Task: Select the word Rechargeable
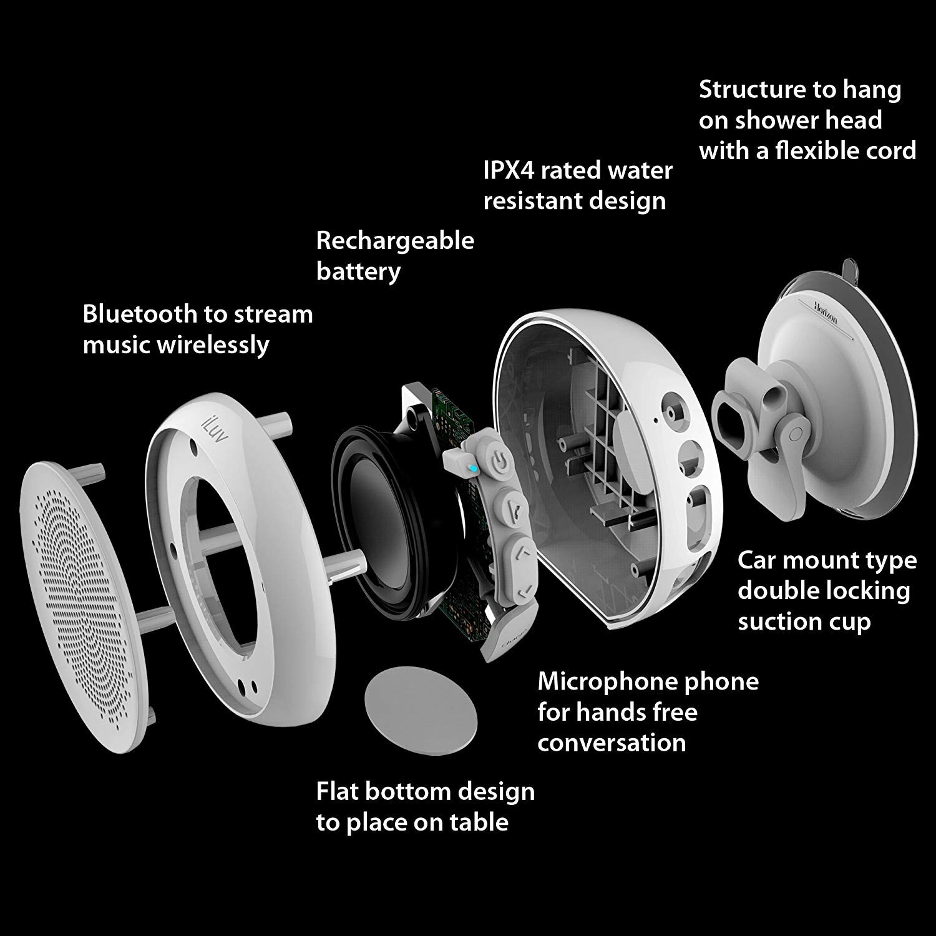point(395,240)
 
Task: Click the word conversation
point(611,743)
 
